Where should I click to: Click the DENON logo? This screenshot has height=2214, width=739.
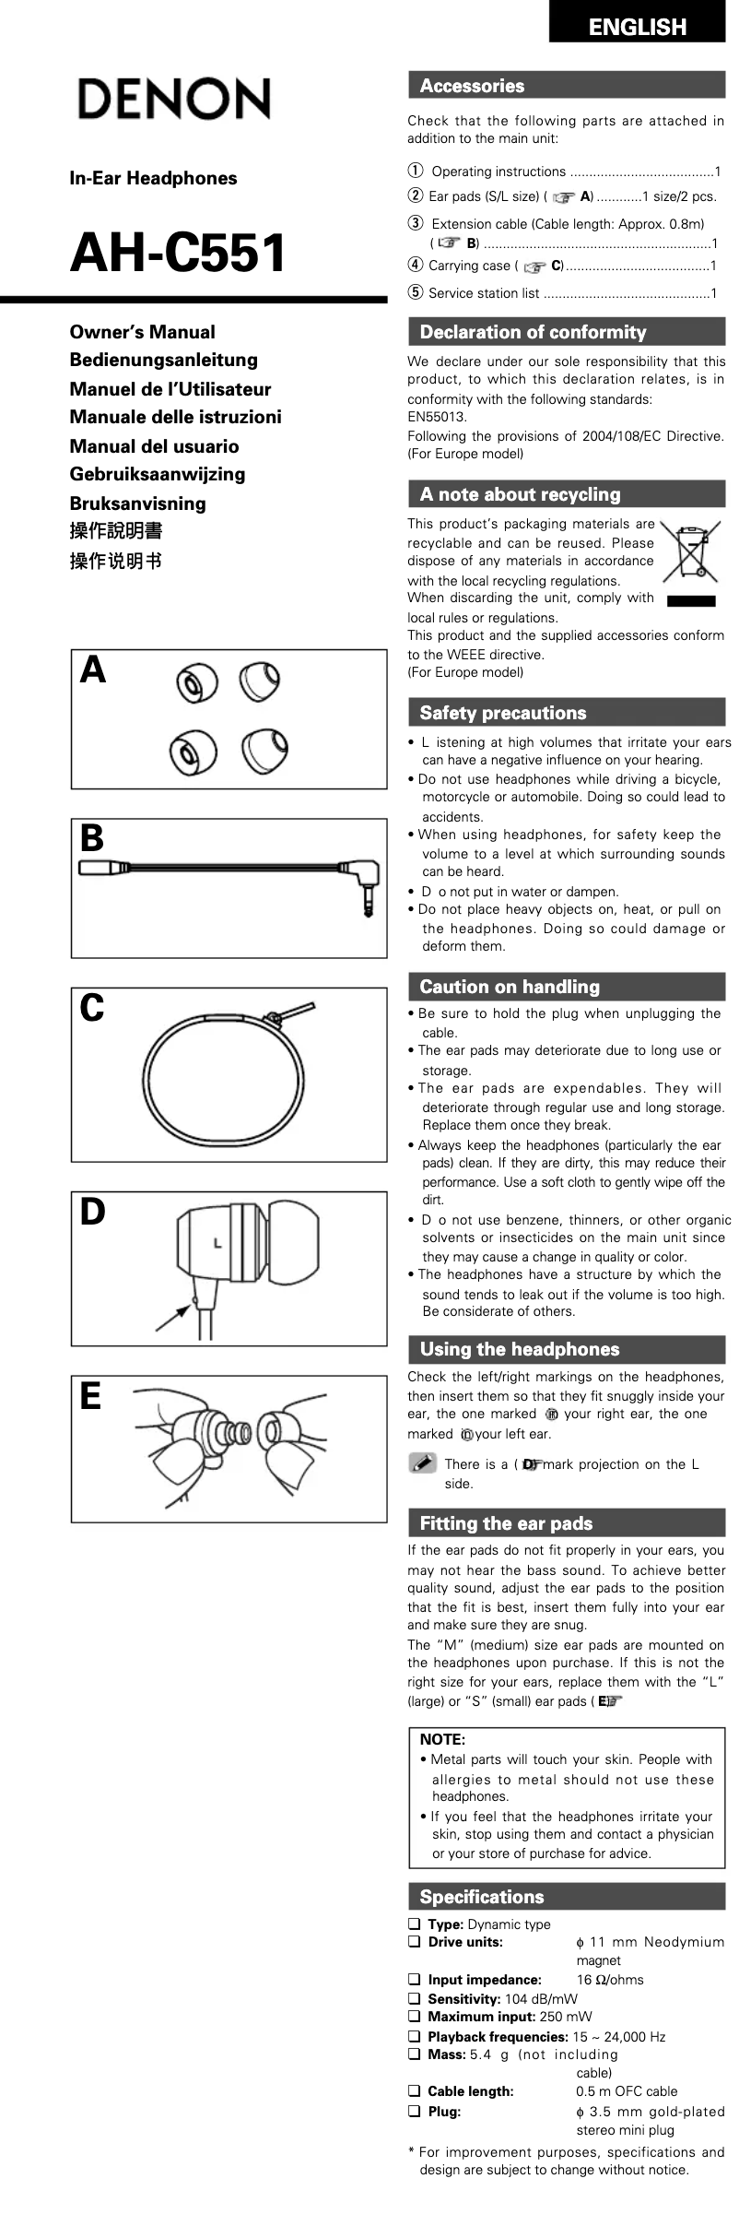point(174,100)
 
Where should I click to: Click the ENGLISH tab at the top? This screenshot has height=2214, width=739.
point(637,27)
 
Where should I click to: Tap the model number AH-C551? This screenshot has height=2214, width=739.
point(179,253)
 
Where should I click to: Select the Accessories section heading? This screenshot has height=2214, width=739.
point(472,86)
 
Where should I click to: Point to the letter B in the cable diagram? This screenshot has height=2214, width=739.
point(92,838)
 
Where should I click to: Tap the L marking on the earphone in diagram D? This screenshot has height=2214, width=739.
point(217,1243)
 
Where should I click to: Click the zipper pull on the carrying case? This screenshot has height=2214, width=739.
point(275,1018)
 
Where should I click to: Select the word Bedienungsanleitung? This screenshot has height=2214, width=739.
point(163,360)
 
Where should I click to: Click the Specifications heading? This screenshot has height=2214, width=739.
point(481,1897)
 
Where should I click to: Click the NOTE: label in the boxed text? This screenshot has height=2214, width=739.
point(442,1739)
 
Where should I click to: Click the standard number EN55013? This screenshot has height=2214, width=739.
point(437,417)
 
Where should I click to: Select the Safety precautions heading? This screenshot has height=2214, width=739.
point(502,713)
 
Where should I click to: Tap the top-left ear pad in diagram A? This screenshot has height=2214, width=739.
point(194,684)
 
